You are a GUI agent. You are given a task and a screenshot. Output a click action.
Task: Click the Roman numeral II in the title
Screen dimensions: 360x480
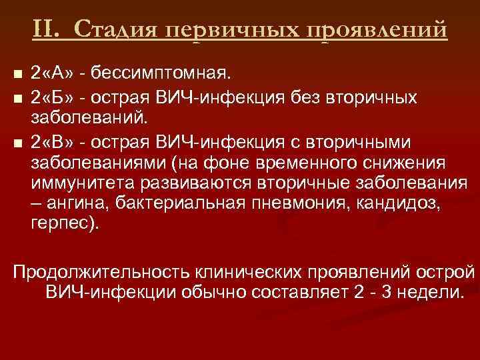tap(48, 29)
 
